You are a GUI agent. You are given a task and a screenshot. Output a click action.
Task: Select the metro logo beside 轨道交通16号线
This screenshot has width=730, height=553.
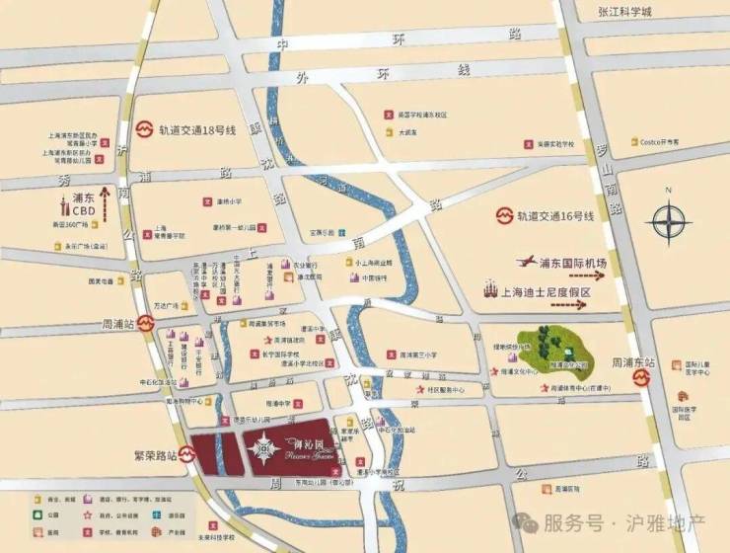504,215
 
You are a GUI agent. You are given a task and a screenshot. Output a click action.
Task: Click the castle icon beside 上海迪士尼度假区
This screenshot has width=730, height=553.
490,289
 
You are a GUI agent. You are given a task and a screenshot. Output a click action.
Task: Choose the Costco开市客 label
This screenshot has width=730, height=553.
661,142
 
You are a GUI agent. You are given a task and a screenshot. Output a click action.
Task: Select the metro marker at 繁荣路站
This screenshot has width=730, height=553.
187,456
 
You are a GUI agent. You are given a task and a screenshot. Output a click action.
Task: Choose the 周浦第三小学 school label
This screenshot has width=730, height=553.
419,352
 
